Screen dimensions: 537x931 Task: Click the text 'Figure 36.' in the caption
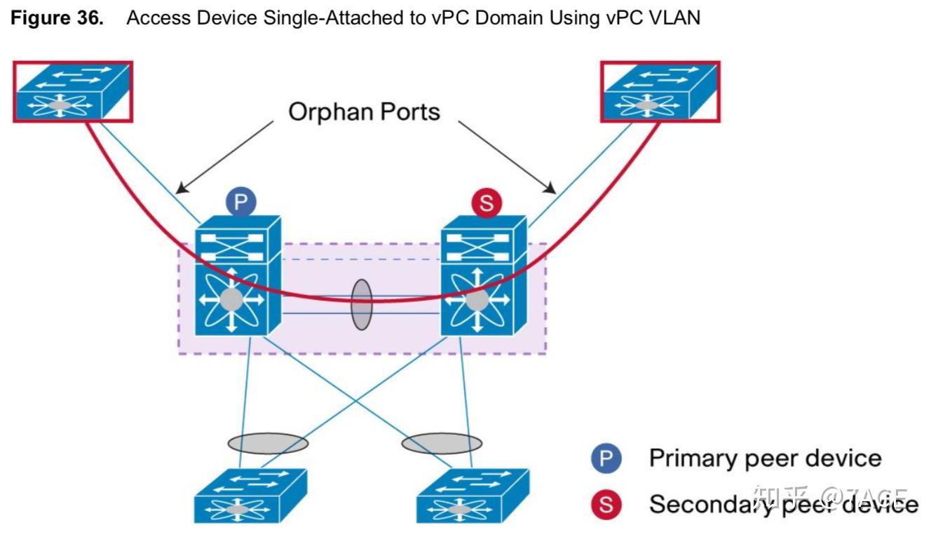tap(57, 18)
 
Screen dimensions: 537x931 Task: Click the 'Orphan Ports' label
tap(364, 111)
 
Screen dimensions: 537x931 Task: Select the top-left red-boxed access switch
tap(72, 91)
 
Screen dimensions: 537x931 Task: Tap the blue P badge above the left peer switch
tap(240, 203)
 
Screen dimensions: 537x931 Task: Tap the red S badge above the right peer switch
tap(487, 204)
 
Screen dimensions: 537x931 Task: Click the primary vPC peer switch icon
tap(237, 276)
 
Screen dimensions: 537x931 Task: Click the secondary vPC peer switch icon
tap(484, 276)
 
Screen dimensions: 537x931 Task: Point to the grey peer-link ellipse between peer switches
tap(361, 305)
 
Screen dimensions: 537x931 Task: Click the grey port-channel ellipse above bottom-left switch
tap(268, 443)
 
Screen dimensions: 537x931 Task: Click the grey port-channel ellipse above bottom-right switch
tap(442, 443)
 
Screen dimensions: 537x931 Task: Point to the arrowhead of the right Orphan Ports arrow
tap(554, 191)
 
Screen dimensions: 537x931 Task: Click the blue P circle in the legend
tap(606, 459)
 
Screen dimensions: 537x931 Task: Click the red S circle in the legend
tap(606, 504)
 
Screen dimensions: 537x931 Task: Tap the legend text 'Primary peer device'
tap(765, 458)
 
